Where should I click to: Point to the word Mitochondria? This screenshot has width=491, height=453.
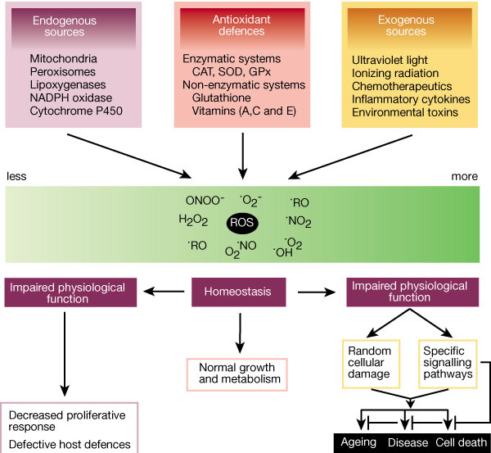click(x=63, y=59)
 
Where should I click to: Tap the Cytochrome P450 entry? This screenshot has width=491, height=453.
click(x=75, y=111)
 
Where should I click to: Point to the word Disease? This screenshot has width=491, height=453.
click(x=407, y=443)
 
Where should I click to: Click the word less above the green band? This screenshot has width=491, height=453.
click(x=17, y=175)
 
